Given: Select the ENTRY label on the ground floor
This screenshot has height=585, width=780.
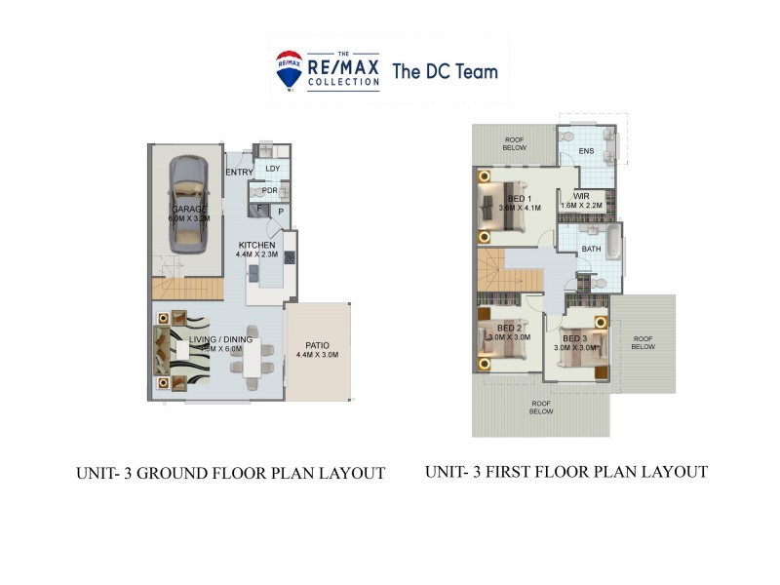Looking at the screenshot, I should pyautogui.click(x=239, y=173).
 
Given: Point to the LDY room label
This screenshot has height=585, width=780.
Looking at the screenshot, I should pyautogui.click(x=272, y=169).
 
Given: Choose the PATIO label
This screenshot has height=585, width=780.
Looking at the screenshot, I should pyautogui.click(x=317, y=345).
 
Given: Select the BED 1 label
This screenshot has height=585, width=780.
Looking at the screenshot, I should pyautogui.click(x=521, y=198).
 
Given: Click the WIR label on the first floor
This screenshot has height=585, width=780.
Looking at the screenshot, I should pyautogui.click(x=581, y=196).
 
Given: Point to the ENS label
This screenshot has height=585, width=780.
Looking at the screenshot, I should pyautogui.click(x=586, y=151).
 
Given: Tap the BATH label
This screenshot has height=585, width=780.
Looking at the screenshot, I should pyautogui.click(x=591, y=249).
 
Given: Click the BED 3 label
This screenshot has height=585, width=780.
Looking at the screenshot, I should pyautogui.click(x=574, y=337).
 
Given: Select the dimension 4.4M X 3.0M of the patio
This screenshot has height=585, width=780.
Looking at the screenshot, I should pyautogui.click(x=317, y=356).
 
